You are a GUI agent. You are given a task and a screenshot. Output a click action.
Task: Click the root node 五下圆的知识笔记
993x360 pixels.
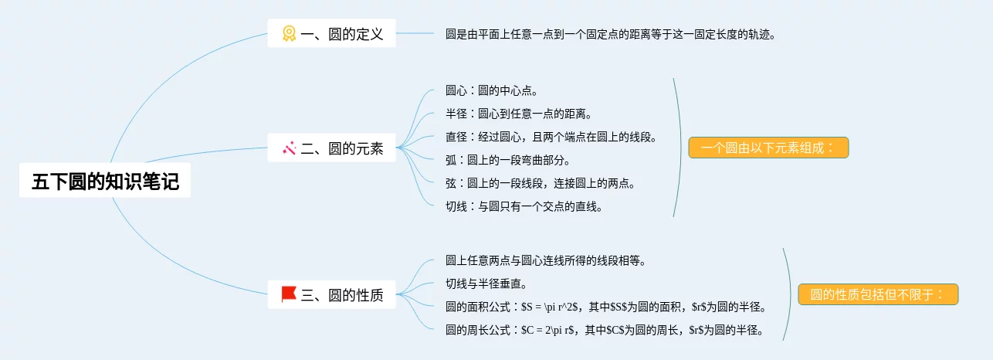[105, 182]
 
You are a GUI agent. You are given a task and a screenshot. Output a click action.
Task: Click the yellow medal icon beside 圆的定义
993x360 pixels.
[289, 34]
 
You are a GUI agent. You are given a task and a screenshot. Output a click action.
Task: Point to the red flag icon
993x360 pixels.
[289, 294]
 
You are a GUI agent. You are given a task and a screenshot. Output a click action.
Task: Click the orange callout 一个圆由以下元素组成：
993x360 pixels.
[768, 148]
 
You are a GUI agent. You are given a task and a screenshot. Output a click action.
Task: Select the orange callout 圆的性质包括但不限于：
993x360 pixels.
[878, 294]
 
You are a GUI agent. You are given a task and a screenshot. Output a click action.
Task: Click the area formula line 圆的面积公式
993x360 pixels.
[605, 307]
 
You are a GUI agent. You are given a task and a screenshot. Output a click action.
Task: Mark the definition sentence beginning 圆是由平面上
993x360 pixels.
[610, 34]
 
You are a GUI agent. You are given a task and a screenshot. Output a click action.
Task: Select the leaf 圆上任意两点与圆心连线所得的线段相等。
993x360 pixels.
[545, 261]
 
